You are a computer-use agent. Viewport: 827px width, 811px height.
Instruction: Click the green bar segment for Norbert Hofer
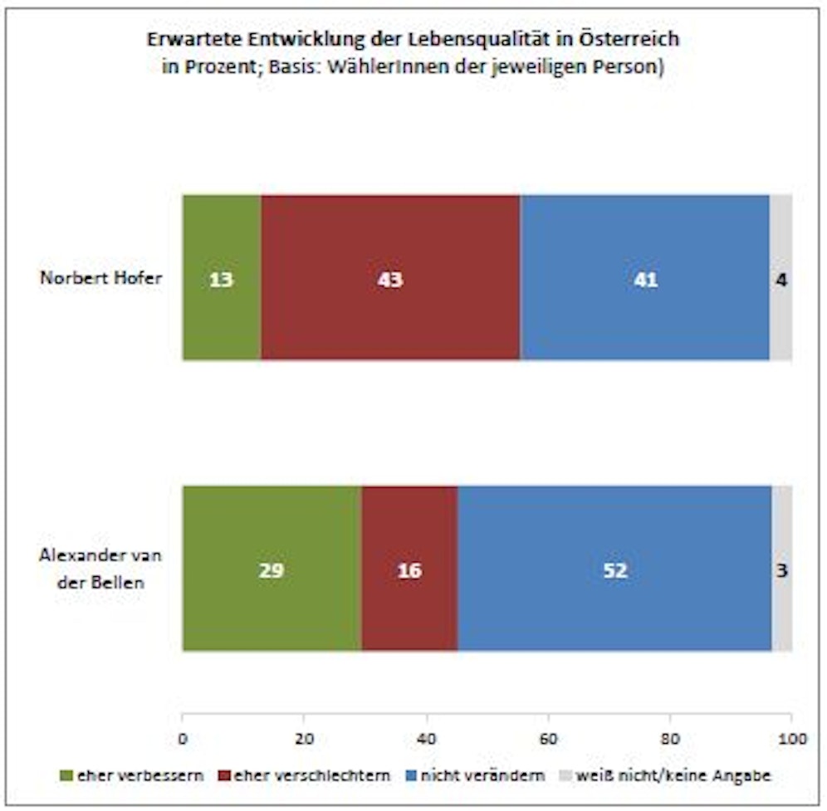pyautogui.click(x=222, y=278)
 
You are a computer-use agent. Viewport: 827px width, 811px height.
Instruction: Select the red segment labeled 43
pyautogui.click(x=390, y=278)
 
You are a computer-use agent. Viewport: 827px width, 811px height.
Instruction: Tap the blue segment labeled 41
pyautogui.click(x=645, y=278)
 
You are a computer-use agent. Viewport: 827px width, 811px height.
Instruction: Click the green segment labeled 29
pyautogui.click(x=272, y=569)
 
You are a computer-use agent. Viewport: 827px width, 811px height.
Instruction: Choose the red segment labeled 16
pyautogui.click(x=409, y=569)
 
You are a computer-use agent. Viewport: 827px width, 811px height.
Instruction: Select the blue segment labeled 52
pyautogui.click(x=614, y=569)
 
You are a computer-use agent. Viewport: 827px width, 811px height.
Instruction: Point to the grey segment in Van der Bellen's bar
pyautogui.click(x=781, y=540)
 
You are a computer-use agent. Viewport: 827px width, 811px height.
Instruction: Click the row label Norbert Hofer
pyautogui.click(x=100, y=279)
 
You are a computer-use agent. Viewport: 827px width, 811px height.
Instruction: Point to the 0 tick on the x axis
pyautogui.click(x=183, y=737)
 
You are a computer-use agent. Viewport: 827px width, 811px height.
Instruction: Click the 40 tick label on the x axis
pyautogui.click(x=427, y=737)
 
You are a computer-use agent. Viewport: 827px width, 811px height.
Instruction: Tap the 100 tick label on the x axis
pyautogui.click(x=791, y=737)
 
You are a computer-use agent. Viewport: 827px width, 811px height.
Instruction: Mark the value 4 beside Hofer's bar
pyautogui.click(x=781, y=280)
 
